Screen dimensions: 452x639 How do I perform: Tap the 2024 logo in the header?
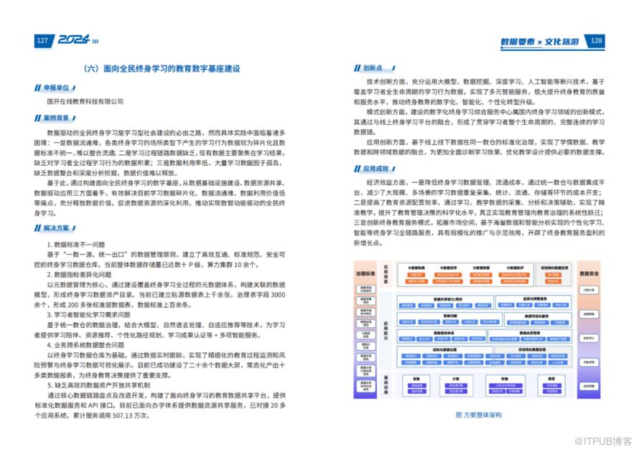pyautogui.click(x=72, y=41)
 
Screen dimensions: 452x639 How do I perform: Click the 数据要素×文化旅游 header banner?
pyautogui.click(x=540, y=41)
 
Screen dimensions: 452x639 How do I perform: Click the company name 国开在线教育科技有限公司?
pyautogui.click(x=85, y=101)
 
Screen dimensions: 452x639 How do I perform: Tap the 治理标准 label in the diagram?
pyautogui.click(x=365, y=274)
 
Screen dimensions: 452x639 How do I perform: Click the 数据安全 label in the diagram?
pyautogui.click(x=589, y=274)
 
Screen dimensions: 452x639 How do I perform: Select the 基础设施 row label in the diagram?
pyautogui.click(x=386, y=384)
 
